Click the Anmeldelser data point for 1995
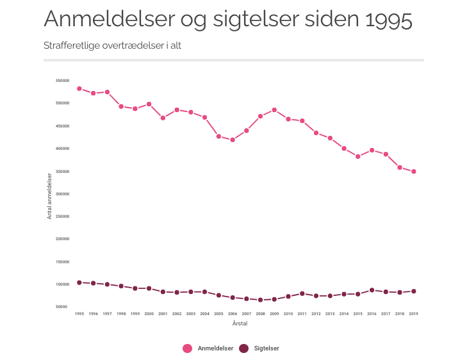point(79,88)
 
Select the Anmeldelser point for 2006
point(233,140)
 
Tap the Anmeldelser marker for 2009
point(274,110)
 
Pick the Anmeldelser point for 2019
point(414,172)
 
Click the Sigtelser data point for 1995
point(79,282)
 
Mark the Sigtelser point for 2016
point(372,290)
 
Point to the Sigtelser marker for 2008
point(260,300)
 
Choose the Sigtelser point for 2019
point(414,291)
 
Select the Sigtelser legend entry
point(259,348)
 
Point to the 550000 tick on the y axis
point(63,81)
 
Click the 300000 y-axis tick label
point(63,194)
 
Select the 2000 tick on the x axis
point(149,314)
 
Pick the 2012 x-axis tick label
point(316,314)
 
